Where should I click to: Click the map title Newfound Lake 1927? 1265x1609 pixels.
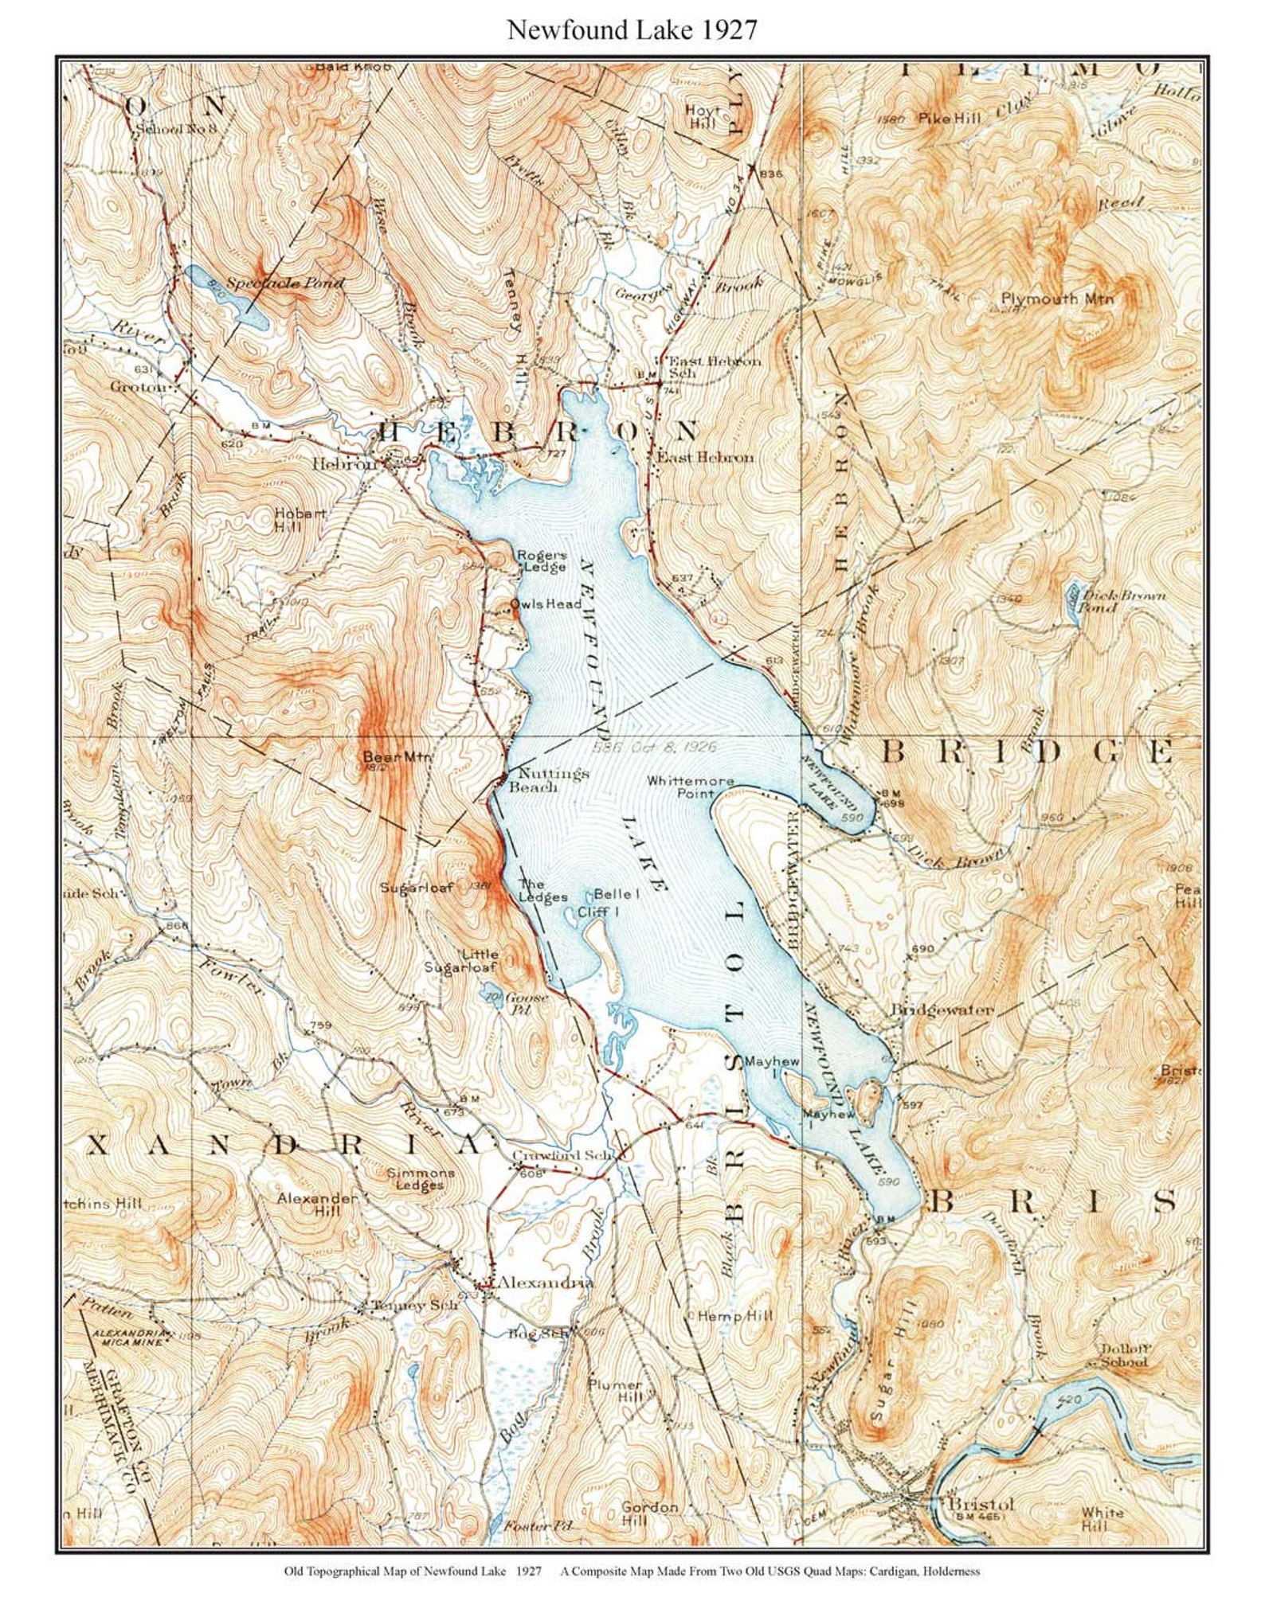[x=632, y=30]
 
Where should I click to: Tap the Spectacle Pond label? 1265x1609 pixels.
[x=284, y=283]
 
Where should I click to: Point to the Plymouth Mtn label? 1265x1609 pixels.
[x=1056, y=299]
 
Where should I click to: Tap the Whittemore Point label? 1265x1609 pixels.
[x=690, y=787]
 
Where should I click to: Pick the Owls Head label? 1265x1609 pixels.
[x=546, y=604]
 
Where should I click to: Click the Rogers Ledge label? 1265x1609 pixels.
[x=542, y=560]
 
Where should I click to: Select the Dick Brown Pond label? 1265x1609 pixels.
[x=1121, y=601]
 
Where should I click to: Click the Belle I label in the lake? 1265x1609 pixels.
[x=617, y=894]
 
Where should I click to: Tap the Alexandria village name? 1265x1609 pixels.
[x=545, y=1283]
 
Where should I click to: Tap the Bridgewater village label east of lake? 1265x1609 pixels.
[x=942, y=1010]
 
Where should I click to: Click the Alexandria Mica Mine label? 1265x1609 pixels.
[x=127, y=1338]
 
